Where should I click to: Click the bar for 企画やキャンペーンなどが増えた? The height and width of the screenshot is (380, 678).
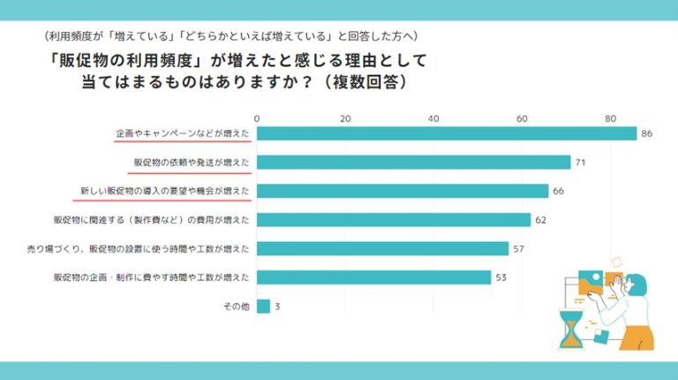446,133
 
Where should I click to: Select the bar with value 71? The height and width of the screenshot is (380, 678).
413,163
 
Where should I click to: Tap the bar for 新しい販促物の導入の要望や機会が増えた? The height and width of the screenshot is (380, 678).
403,191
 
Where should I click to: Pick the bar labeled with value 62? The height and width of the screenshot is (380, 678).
394,220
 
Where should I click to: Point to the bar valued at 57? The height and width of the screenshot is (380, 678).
382,248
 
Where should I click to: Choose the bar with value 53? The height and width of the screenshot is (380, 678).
373,277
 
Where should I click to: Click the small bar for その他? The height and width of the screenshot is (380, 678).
263,307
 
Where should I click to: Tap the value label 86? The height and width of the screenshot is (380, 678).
647,133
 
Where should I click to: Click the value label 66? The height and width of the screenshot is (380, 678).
558,191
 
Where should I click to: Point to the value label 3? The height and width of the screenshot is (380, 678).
277,307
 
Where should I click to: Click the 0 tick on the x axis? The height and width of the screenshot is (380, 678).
257,118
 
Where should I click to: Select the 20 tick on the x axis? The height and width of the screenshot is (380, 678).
345,118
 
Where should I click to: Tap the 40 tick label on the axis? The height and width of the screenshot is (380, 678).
433,118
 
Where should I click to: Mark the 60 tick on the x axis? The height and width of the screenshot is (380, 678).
522,118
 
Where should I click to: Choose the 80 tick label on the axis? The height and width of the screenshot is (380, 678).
610,118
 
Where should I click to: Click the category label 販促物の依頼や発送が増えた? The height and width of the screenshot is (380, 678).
192,163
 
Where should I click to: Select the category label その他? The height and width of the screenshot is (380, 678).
236,307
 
